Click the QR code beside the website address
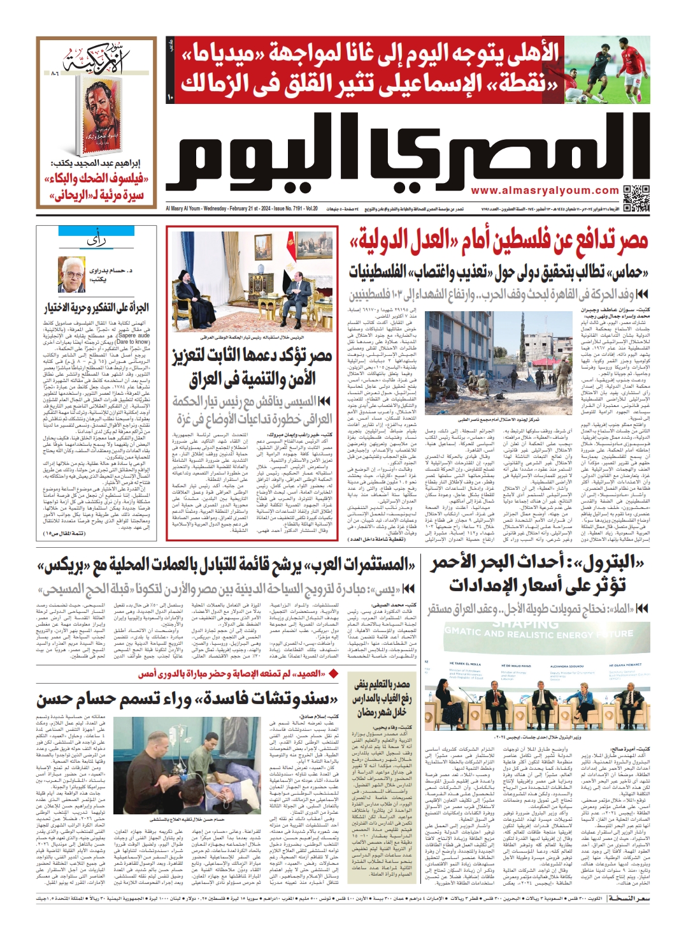636,198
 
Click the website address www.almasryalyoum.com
545,191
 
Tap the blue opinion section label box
96,240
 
